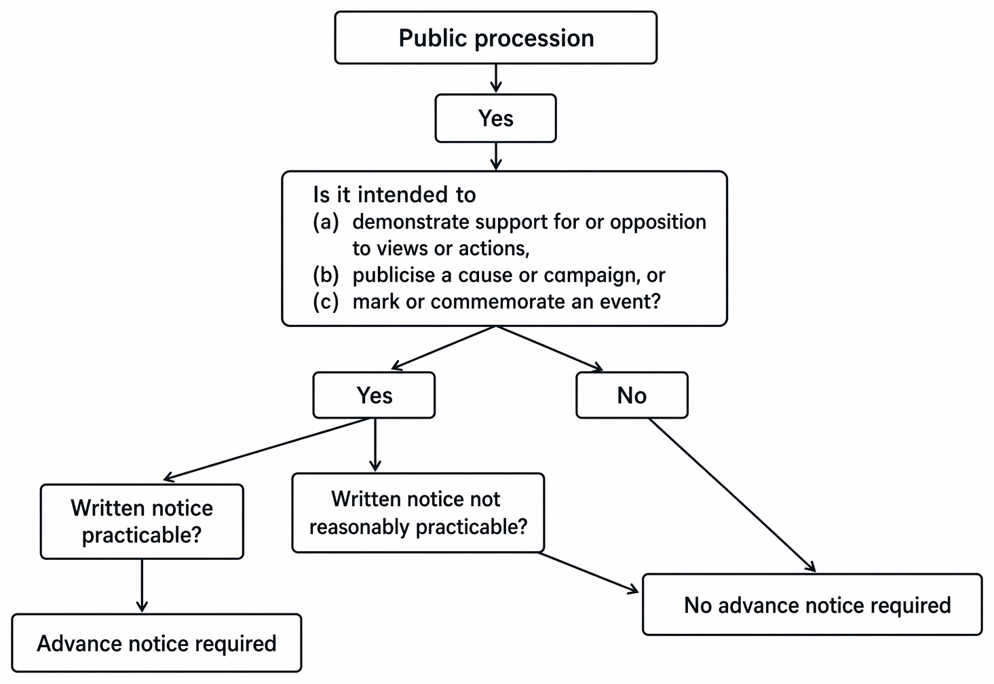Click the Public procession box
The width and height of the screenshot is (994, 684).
tap(496, 38)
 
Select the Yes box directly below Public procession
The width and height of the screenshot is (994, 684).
tap(496, 118)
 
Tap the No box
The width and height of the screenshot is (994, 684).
tap(632, 395)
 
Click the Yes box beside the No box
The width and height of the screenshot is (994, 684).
tap(374, 395)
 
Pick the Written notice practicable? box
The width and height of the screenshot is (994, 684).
tap(142, 522)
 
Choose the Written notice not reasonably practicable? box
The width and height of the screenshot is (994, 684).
tap(418, 513)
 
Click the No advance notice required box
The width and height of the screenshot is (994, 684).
tap(813, 605)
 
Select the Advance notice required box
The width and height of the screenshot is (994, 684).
tap(157, 643)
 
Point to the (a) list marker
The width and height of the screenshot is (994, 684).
tap(326, 222)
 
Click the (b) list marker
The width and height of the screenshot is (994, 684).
tap(326, 275)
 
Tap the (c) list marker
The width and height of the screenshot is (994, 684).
tap(326, 302)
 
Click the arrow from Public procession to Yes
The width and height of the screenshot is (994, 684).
tap(496, 79)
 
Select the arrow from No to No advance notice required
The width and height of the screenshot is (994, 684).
tap(732, 495)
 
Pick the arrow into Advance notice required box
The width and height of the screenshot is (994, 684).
tap(142, 586)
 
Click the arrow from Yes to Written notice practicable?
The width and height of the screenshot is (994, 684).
tap(266, 449)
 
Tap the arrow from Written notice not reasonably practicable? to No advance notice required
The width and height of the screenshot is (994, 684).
tap(589, 573)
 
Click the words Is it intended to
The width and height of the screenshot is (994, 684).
tap(394, 195)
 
